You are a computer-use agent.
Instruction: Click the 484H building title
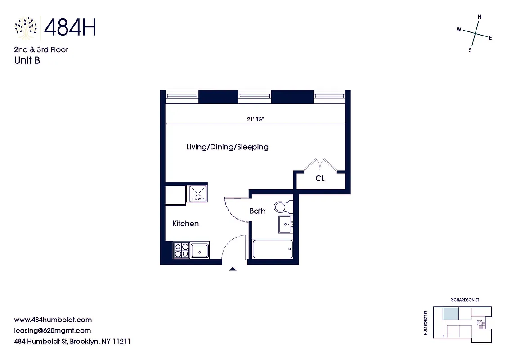click(x=70, y=28)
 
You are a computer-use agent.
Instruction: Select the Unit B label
click(x=27, y=60)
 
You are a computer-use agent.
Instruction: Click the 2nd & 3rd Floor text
click(x=41, y=49)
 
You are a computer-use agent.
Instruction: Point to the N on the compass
click(x=479, y=17)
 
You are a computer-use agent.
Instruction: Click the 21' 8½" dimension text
click(x=258, y=119)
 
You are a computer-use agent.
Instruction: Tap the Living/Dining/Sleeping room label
click(x=227, y=147)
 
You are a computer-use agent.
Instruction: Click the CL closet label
click(x=320, y=179)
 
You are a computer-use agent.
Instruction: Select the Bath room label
click(x=257, y=211)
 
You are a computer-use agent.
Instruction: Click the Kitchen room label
click(x=185, y=224)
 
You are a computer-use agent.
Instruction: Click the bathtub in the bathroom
click(x=273, y=249)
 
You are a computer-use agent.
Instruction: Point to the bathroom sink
click(x=286, y=224)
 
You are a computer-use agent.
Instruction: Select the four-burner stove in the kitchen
click(x=181, y=250)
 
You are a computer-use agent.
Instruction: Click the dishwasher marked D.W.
click(x=197, y=193)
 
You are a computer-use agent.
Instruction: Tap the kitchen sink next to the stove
click(x=200, y=250)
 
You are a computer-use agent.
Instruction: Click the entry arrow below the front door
click(x=233, y=269)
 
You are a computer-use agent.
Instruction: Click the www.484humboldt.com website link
click(x=53, y=320)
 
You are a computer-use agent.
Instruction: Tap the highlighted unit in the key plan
click(x=450, y=314)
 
